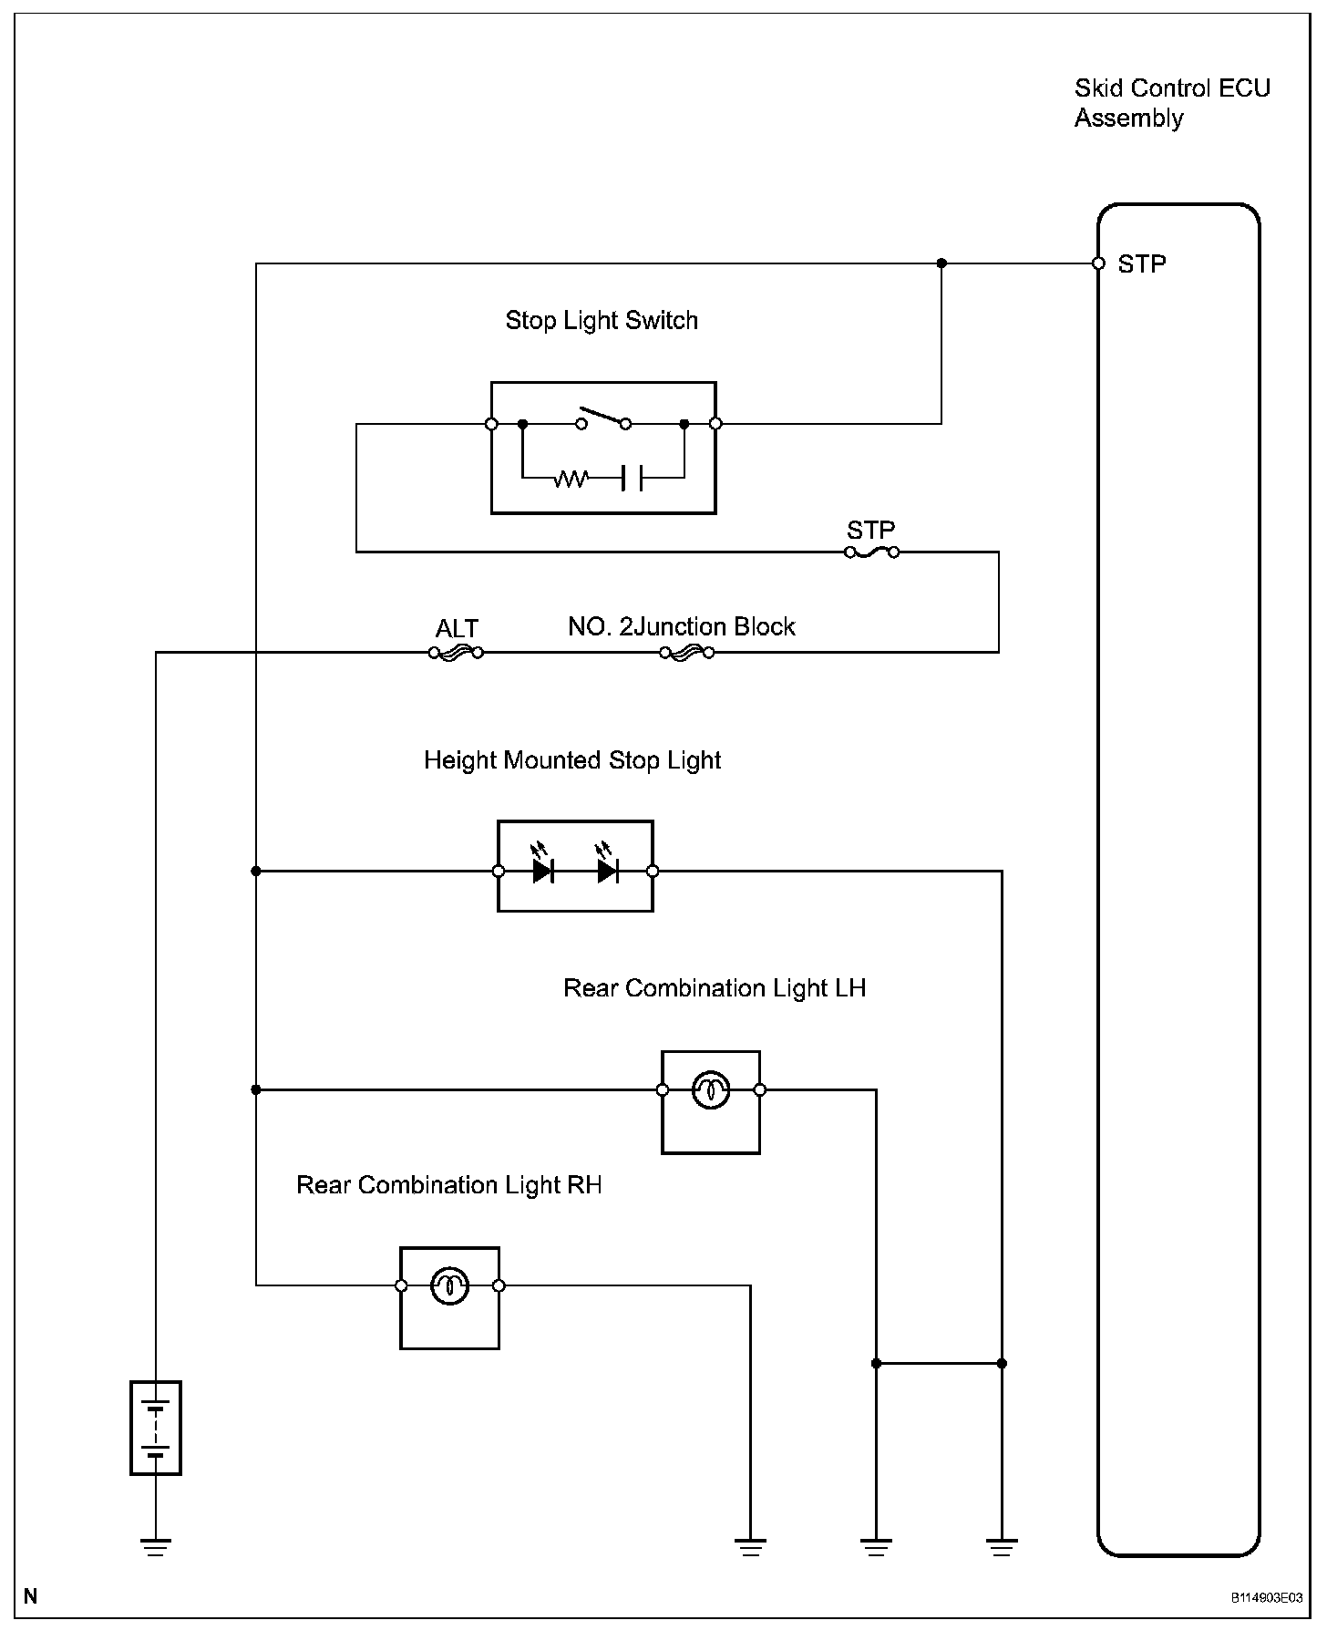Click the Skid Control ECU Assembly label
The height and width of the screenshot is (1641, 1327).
pos(1171,103)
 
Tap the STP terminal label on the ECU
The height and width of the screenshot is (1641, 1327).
pos(1141,264)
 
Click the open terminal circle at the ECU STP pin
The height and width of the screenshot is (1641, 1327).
pos(1098,263)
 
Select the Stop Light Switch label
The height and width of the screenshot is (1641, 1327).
pos(602,321)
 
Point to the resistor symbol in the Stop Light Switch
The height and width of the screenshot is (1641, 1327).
pos(571,477)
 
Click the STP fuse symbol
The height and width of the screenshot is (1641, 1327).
pos(872,552)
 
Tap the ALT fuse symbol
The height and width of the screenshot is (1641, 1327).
pos(456,653)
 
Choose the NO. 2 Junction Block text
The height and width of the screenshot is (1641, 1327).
pos(681,627)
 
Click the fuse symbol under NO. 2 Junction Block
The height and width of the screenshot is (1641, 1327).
pos(686,653)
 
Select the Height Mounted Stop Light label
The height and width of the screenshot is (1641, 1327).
pos(572,760)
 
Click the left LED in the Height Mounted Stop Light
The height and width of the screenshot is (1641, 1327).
pos(543,871)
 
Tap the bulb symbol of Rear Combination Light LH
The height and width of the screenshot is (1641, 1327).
pos(711,1089)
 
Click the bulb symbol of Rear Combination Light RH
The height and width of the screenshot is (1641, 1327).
pos(449,1285)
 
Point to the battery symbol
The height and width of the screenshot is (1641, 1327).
pos(156,1428)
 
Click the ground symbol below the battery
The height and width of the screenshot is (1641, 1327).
pos(156,1547)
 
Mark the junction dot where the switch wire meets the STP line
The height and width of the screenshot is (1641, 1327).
pos(941,263)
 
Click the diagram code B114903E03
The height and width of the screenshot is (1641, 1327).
pos(1267,1598)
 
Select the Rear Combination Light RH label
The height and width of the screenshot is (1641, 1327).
pos(448,1185)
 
